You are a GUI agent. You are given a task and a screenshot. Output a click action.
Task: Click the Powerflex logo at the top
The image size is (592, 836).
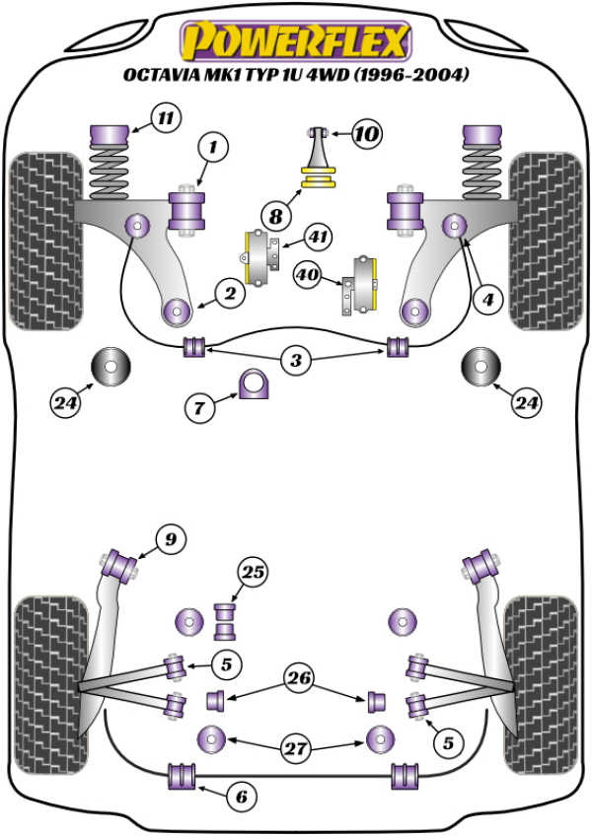294,41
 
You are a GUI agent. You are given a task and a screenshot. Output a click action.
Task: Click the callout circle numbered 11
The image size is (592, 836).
167,119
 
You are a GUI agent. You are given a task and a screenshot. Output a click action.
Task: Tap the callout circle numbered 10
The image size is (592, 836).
364,133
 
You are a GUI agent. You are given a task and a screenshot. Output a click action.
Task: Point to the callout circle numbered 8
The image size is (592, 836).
275,213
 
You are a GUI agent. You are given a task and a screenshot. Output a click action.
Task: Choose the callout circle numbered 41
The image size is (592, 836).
317,237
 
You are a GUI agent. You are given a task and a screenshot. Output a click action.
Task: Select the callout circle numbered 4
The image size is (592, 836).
485,299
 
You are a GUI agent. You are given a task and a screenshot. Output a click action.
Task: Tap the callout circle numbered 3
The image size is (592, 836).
295,361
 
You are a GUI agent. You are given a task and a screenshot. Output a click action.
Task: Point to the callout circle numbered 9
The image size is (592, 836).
171,539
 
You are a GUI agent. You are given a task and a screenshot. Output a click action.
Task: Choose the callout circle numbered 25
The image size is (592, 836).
253,572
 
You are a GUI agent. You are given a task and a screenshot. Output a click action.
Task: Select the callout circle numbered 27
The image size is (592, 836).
295,749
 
